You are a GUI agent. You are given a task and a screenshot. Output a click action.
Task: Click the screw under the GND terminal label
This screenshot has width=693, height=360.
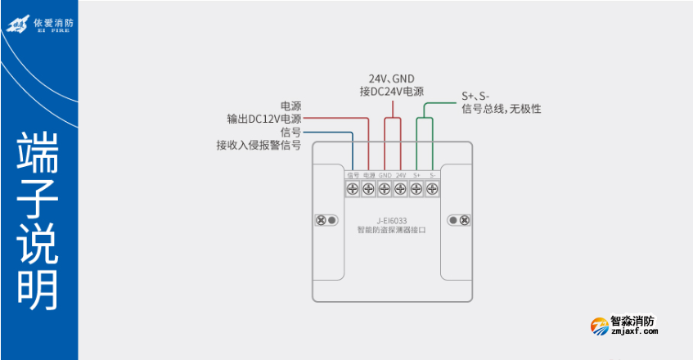(384, 189)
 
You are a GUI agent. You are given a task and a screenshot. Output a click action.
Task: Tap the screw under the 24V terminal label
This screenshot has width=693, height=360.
(400, 189)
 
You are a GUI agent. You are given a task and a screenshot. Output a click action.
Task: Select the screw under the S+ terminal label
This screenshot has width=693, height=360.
(416, 189)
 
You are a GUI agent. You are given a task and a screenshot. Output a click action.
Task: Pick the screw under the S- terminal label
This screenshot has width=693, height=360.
(432, 189)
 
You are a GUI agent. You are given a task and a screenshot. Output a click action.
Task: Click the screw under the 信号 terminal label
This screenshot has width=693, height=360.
(353, 189)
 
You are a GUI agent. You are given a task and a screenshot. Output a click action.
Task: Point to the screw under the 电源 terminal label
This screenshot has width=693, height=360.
(368, 189)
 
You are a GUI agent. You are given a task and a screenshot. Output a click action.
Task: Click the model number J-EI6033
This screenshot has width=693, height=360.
(392, 219)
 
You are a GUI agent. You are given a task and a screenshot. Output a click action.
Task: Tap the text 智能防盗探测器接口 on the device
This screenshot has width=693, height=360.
(392, 230)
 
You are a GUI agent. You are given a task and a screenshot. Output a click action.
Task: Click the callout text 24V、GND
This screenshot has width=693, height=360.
(392, 79)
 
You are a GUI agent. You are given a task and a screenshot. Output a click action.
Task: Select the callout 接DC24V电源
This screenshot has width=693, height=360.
(392, 92)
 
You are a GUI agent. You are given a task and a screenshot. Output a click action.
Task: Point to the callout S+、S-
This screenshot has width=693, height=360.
(475, 96)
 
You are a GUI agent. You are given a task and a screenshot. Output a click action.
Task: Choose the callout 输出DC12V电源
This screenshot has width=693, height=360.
(264, 119)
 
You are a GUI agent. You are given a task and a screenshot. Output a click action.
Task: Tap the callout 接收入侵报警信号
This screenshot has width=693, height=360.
(259, 145)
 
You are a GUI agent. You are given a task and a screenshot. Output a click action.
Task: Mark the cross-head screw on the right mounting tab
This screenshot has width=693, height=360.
(465, 220)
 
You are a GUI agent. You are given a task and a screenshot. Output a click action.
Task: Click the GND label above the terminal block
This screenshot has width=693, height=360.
(384, 175)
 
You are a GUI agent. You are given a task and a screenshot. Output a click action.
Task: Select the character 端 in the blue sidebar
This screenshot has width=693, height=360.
(38, 151)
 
